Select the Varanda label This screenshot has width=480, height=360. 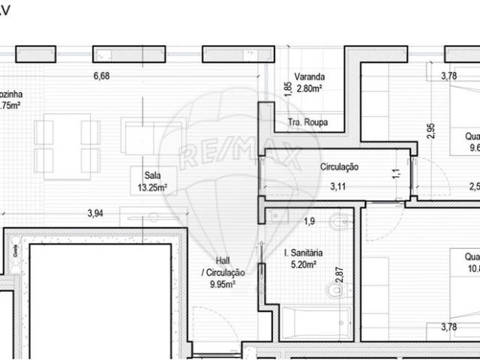(x=308, y=76)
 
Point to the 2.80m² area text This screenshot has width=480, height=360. (x=309, y=88)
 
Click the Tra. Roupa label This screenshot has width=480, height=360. (x=307, y=122)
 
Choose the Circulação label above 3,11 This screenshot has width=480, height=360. (x=340, y=166)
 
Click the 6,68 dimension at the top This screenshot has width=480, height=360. (x=101, y=75)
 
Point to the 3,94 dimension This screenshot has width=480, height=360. (x=94, y=214)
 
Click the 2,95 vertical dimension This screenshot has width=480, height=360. (x=430, y=130)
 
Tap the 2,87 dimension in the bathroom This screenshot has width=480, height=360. (x=339, y=274)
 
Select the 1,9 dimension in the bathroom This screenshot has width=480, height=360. (x=308, y=220)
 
